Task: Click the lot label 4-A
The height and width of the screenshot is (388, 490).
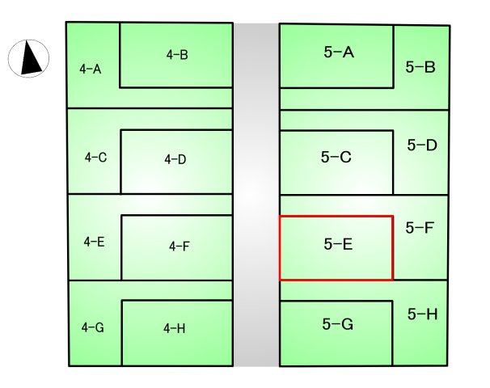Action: (x=91, y=69)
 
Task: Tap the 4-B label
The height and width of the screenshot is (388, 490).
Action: (x=177, y=55)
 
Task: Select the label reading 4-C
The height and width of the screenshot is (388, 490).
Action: (x=95, y=157)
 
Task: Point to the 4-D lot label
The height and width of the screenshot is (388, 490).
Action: (x=175, y=159)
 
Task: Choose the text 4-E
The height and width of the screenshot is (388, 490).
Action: (x=94, y=242)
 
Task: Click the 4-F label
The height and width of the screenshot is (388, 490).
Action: (x=180, y=247)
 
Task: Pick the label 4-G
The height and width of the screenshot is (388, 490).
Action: (x=93, y=327)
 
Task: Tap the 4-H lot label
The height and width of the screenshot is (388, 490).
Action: (x=175, y=328)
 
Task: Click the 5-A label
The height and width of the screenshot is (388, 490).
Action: (x=339, y=52)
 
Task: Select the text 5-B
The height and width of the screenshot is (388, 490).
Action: (x=420, y=67)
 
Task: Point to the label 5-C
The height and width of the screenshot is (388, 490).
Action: (x=336, y=157)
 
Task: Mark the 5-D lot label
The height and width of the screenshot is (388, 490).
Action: (x=422, y=145)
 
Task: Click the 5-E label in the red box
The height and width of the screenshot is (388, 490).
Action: (x=339, y=244)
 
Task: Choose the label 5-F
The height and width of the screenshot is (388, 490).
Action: (x=420, y=228)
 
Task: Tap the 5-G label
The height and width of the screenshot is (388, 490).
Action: (x=338, y=324)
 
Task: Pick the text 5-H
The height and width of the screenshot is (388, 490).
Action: (x=423, y=314)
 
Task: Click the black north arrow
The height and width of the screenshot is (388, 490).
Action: (x=31, y=59)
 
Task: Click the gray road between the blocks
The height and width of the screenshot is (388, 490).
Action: (x=256, y=194)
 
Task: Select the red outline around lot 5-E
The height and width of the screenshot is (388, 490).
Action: (x=336, y=216)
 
